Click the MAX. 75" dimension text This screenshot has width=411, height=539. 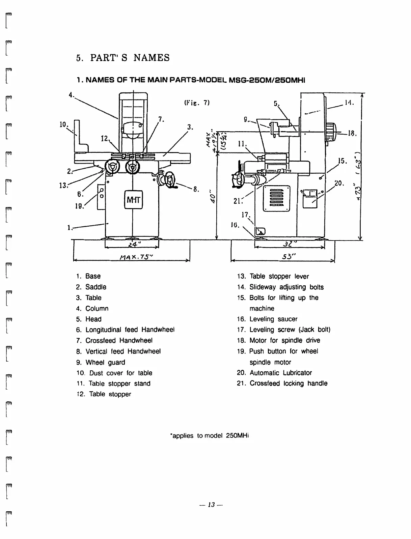(x=132, y=256)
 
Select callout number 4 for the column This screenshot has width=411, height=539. (x=71, y=95)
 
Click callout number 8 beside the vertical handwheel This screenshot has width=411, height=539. (x=195, y=189)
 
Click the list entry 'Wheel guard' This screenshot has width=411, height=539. (x=105, y=362)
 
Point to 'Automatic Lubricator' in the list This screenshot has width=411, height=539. (x=280, y=373)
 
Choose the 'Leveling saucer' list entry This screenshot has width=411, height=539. (x=273, y=319)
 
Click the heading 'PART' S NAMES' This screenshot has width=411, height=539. (x=130, y=58)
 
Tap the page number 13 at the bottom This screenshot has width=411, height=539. (x=212, y=505)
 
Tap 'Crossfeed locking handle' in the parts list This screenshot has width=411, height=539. (x=288, y=384)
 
